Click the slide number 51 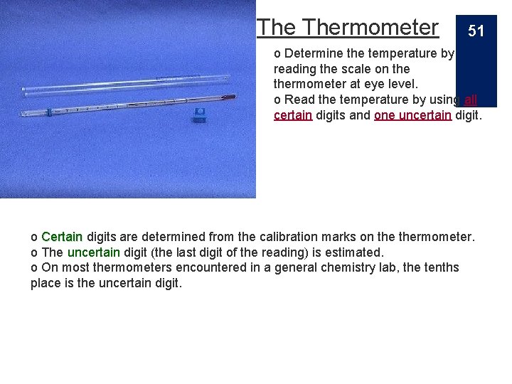tap(476, 31)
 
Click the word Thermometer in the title tap(370, 27)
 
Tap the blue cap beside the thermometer tap(200, 114)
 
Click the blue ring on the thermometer tap(48, 111)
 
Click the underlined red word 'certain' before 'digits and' tap(293, 114)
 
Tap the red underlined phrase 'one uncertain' tap(412, 114)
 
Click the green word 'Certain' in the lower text tap(62, 236)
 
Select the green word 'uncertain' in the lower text tap(94, 252)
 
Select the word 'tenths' tap(441, 267)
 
